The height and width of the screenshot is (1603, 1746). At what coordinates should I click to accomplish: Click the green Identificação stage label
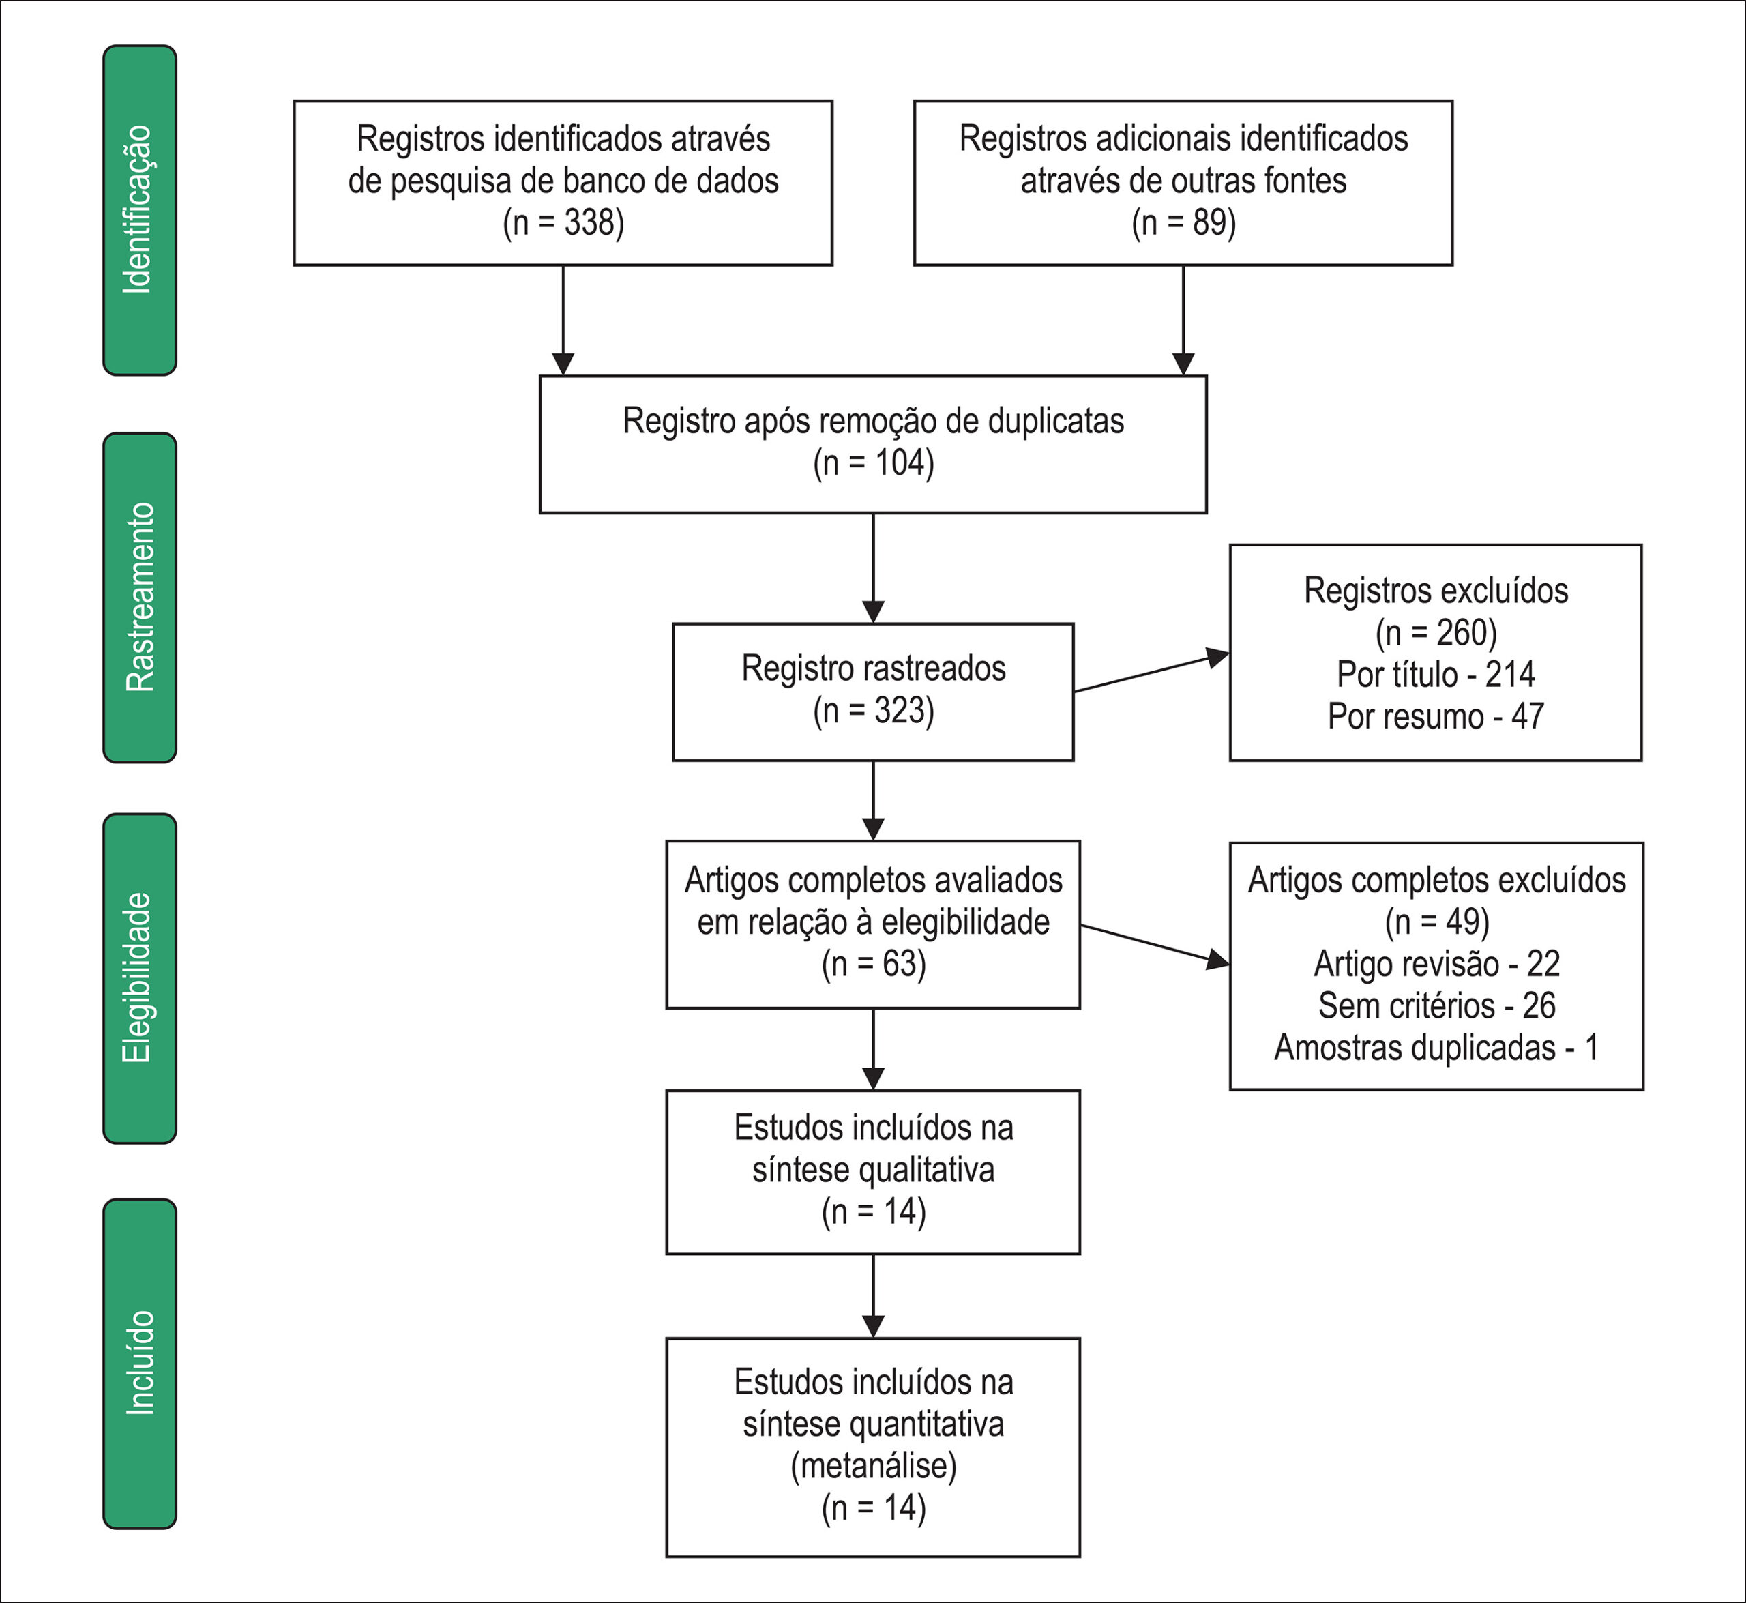click(x=140, y=210)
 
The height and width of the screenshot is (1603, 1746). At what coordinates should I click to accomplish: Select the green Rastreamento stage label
click(x=140, y=598)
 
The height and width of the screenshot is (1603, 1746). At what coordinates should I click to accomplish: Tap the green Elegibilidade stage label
click(x=140, y=978)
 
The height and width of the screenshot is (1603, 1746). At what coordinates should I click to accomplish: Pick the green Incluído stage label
click(x=140, y=1364)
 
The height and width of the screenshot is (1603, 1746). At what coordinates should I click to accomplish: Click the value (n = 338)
click(x=564, y=223)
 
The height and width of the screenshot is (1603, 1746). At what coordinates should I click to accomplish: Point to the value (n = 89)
click(x=1183, y=223)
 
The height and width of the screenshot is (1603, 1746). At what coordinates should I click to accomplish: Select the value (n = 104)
click(x=874, y=463)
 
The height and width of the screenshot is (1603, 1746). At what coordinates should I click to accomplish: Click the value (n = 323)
click(x=874, y=710)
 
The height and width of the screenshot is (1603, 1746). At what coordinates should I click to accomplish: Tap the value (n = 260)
click(x=1436, y=632)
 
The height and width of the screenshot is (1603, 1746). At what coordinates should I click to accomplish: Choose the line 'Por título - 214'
click(x=1436, y=674)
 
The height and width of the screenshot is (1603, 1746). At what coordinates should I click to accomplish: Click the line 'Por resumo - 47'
click(x=1436, y=716)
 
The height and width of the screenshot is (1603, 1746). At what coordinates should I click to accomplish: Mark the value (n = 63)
click(x=874, y=964)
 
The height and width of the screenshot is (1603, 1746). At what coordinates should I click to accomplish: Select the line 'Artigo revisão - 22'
click(x=1436, y=964)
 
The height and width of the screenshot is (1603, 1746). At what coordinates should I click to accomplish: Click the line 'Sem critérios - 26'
click(x=1436, y=1005)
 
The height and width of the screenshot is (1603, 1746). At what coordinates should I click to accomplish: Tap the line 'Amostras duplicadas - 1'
click(x=1436, y=1048)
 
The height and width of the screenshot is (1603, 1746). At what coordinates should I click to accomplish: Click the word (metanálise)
click(x=874, y=1465)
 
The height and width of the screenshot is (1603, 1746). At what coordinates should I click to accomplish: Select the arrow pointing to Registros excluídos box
click(x=1152, y=673)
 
